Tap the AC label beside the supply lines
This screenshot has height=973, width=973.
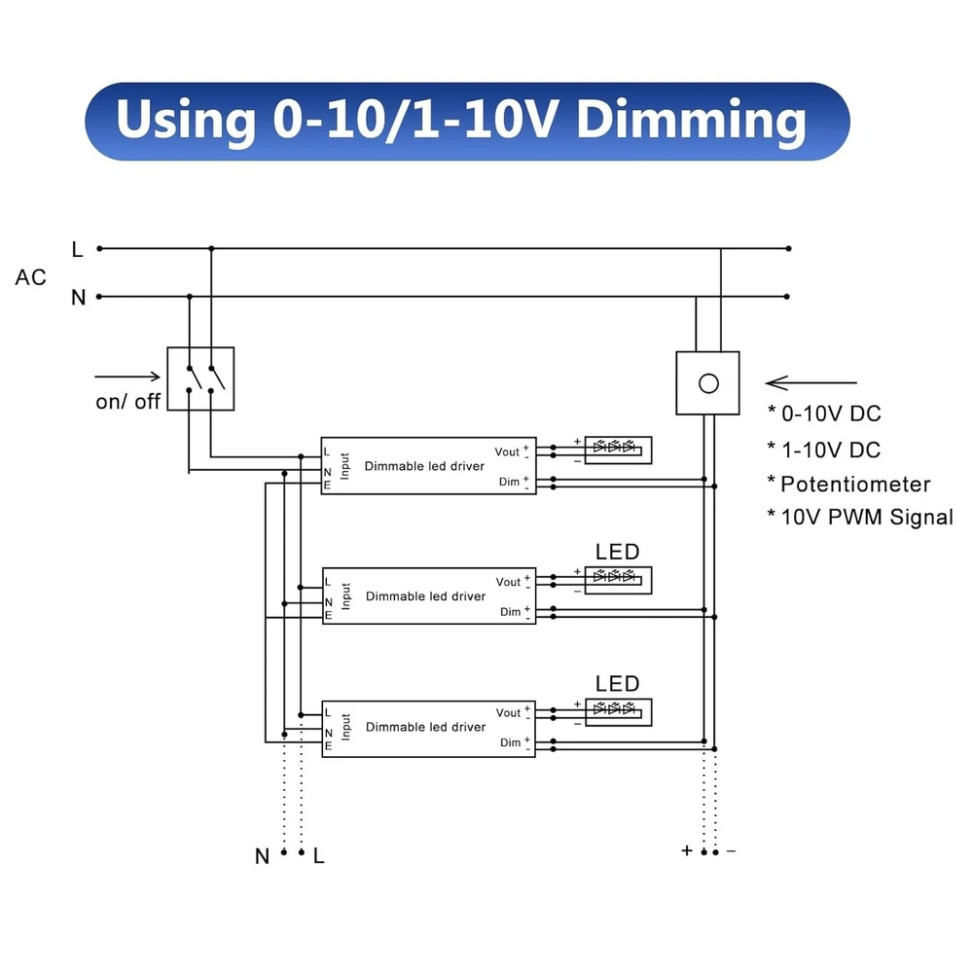(30, 277)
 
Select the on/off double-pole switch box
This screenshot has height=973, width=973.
(200, 378)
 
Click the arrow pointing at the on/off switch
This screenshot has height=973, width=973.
(126, 375)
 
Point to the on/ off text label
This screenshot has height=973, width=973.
(127, 401)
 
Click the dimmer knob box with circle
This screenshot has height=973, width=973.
(707, 383)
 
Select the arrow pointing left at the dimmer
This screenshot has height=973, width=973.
(811, 383)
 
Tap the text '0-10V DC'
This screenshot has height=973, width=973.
(831, 414)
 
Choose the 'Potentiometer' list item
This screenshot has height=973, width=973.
(855, 484)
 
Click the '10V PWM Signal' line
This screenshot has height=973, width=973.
(866, 517)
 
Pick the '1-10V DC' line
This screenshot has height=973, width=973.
(831, 450)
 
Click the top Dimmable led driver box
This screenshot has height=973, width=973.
(428, 466)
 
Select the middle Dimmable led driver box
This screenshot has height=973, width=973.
(428, 595)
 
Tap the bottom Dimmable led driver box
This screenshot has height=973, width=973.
(428, 727)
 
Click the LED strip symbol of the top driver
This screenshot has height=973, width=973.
(617, 450)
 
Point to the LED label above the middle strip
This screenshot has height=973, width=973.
(617, 553)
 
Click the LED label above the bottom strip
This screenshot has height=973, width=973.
(617, 684)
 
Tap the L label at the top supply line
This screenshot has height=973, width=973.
(78, 249)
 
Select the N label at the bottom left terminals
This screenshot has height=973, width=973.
(262, 856)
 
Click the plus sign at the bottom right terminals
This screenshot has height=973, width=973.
(687, 851)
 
